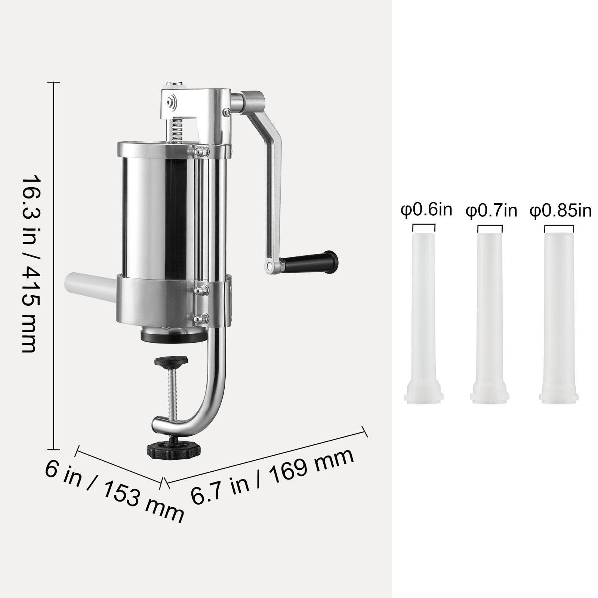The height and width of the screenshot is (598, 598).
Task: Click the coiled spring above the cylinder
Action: (x=178, y=129)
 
